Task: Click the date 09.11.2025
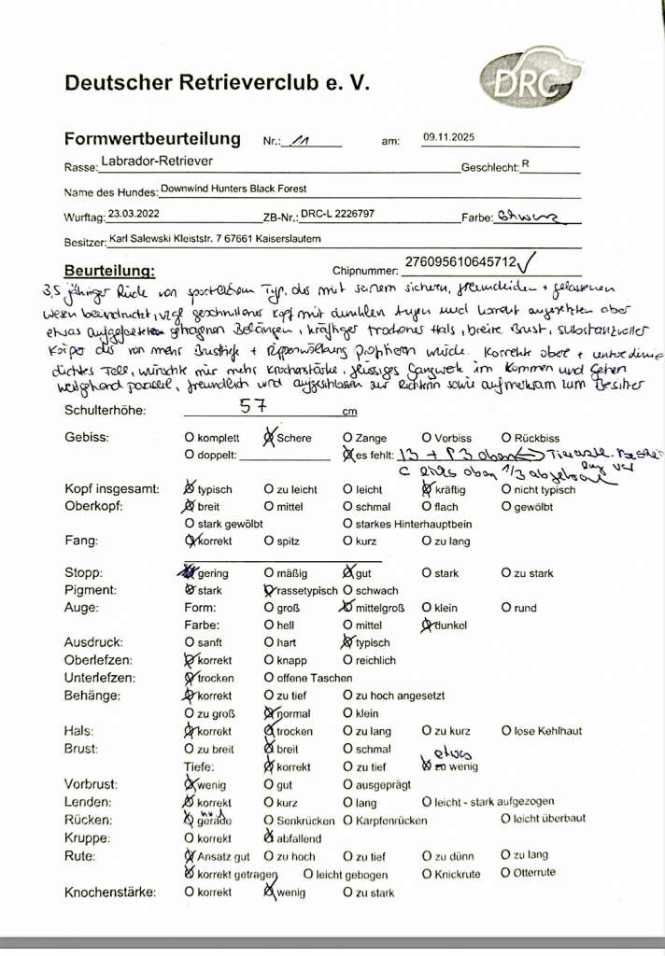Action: click(x=448, y=137)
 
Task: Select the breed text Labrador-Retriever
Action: click(x=163, y=162)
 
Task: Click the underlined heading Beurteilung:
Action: click(x=109, y=270)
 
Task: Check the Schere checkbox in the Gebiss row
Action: click(x=270, y=437)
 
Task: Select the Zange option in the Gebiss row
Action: click(x=347, y=437)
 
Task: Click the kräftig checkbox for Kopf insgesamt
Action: click(x=427, y=488)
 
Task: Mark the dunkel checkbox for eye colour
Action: click(x=428, y=625)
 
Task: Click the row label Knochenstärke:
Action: click(x=110, y=893)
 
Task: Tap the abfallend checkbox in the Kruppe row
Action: click(x=270, y=838)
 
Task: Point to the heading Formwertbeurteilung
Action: click(x=152, y=139)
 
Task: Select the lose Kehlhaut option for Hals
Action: click(x=505, y=731)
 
